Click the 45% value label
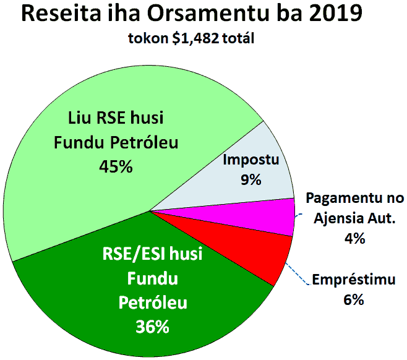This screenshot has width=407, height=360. click(116, 166)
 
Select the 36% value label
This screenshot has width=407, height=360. click(152, 327)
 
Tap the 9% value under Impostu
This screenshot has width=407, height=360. click(251, 179)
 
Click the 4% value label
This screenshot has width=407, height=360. click(354, 238)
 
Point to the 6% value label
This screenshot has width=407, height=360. click(354, 300)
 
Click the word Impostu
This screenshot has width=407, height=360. click(251, 160)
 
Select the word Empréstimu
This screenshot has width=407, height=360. click(354, 280)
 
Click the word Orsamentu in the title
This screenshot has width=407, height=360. click(208, 13)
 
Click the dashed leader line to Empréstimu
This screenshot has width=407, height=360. click(298, 274)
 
